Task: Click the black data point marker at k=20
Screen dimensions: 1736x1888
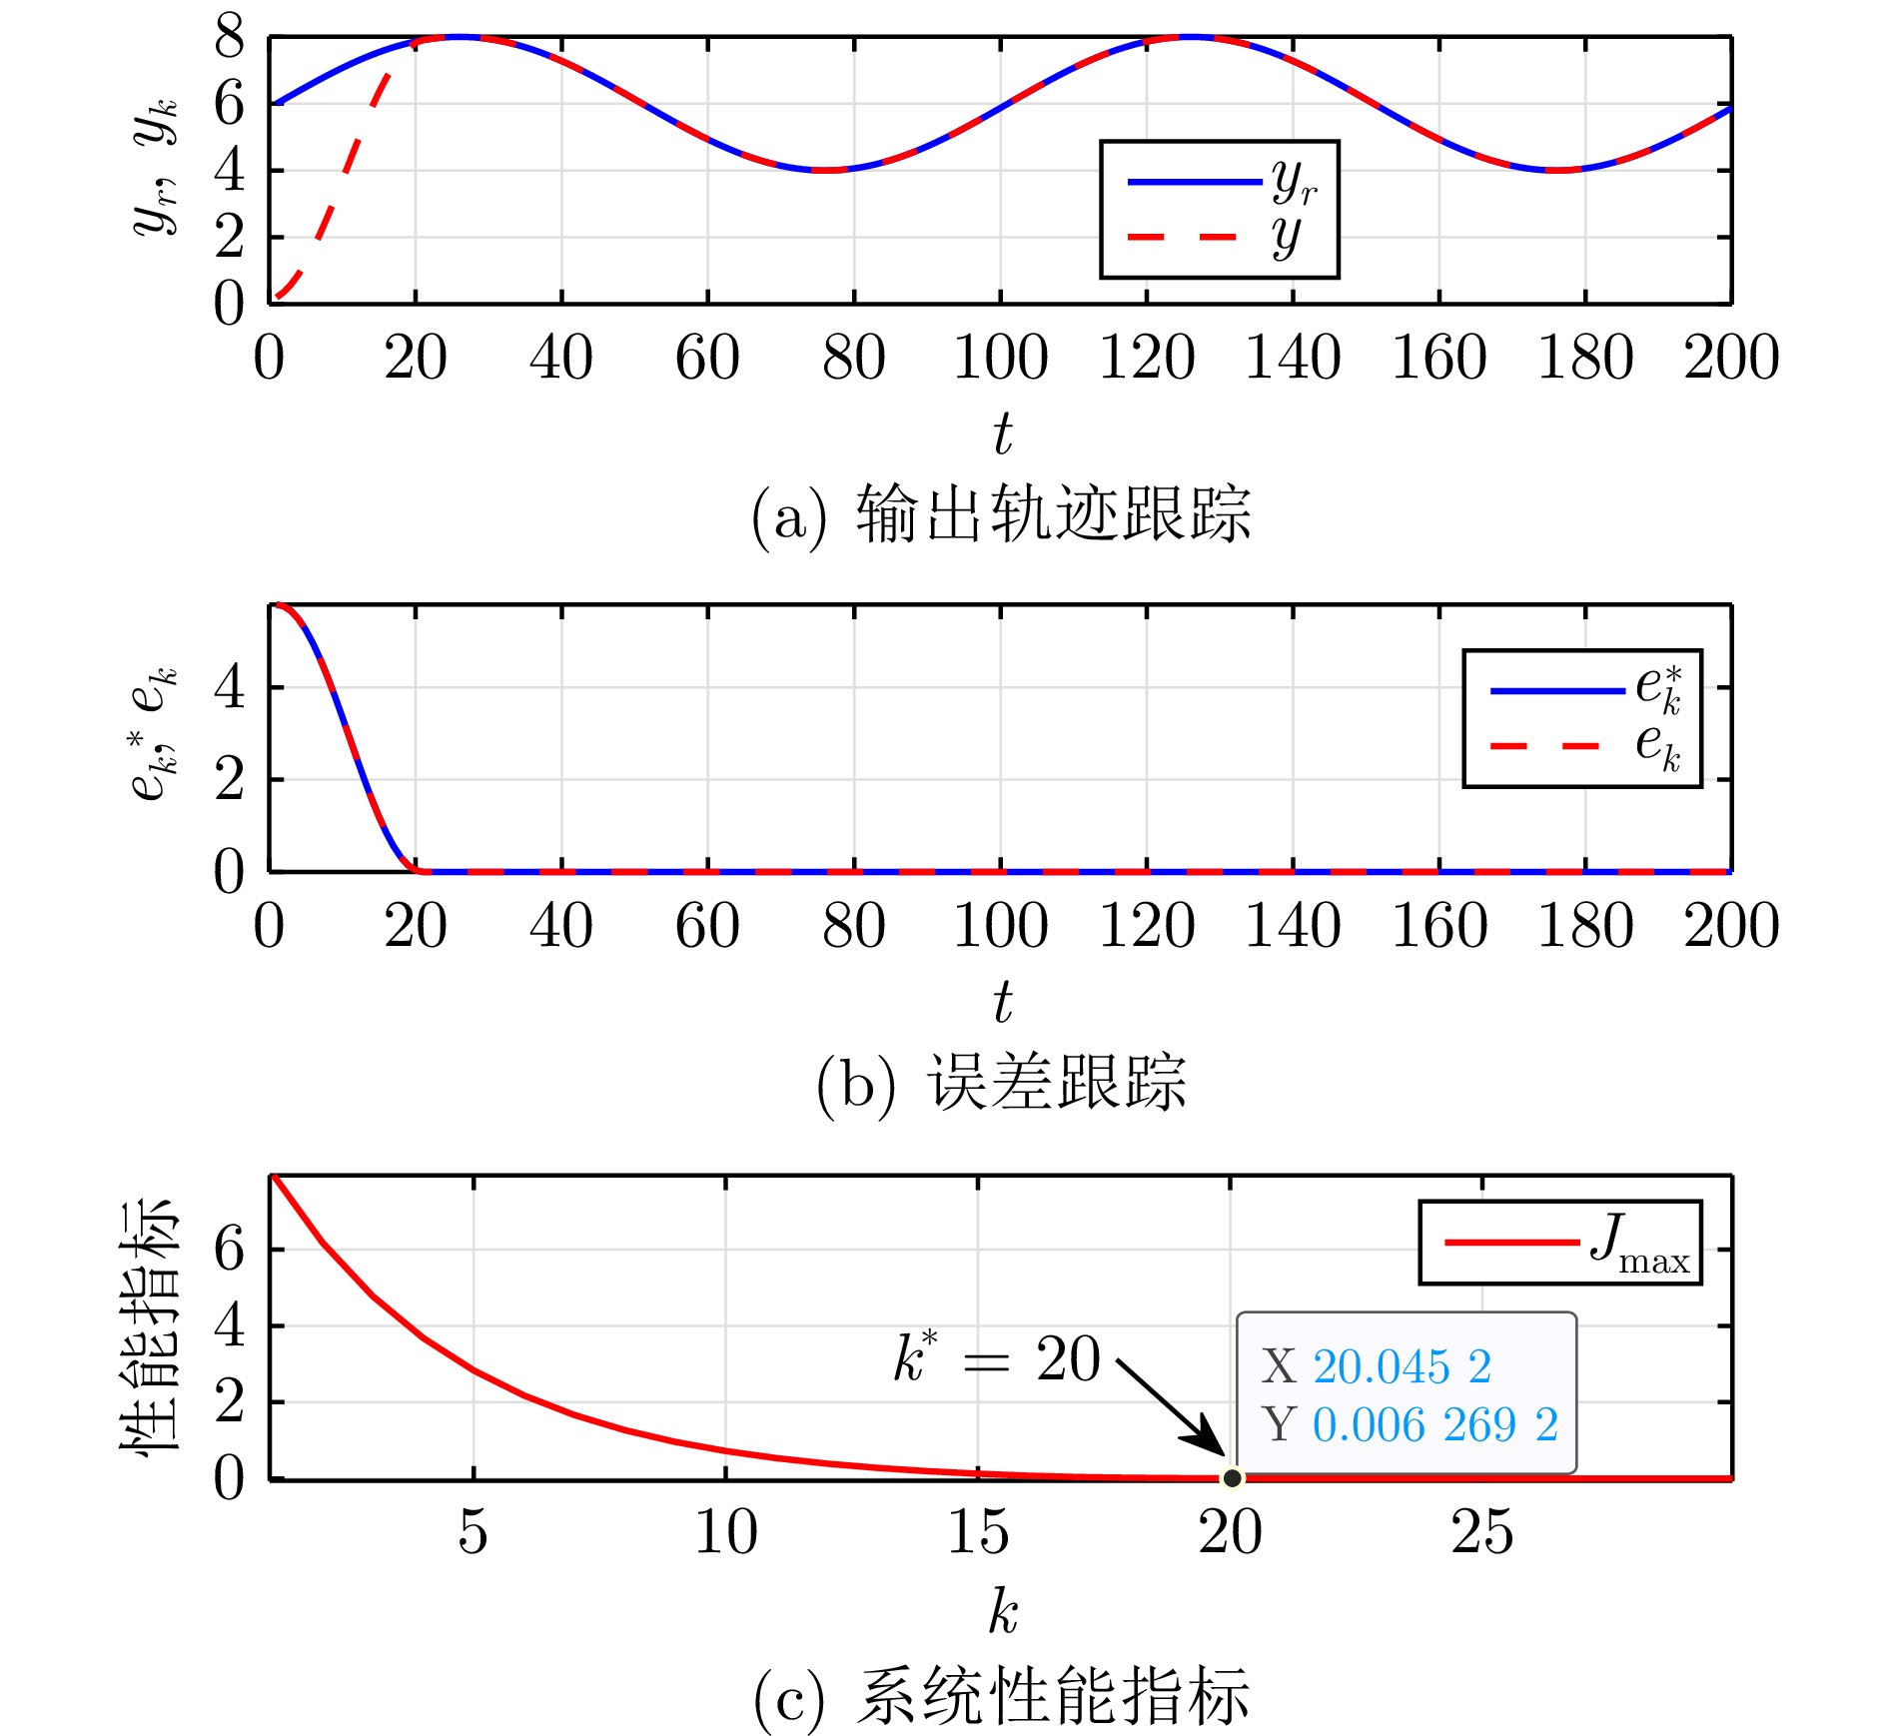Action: click(1232, 1477)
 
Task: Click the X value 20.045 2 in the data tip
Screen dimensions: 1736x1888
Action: click(1401, 1366)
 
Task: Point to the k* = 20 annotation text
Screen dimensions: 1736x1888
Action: click(996, 1358)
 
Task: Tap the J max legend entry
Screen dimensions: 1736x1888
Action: click(1559, 1242)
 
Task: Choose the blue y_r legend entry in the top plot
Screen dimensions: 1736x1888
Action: click(1219, 182)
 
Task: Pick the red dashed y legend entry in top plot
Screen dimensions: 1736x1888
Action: click(1219, 237)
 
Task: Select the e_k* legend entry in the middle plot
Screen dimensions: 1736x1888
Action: click(1581, 690)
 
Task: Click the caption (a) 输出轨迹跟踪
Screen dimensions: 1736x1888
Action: click(1001, 514)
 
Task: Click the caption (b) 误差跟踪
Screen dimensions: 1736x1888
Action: click(1001, 1082)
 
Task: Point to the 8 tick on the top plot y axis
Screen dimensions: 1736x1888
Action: click(230, 38)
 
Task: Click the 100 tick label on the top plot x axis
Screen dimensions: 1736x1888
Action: click(1000, 358)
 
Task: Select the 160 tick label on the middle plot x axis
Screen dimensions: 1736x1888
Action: click(1438, 926)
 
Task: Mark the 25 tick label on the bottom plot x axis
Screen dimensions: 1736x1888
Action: click(1482, 1531)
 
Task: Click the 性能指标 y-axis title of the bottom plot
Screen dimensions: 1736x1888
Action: click(150, 1326)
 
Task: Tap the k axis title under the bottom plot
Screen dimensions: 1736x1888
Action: click(1003, 1610)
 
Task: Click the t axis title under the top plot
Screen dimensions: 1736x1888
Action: click(1002, 434)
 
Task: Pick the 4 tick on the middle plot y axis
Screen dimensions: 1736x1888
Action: click(230, 688)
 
